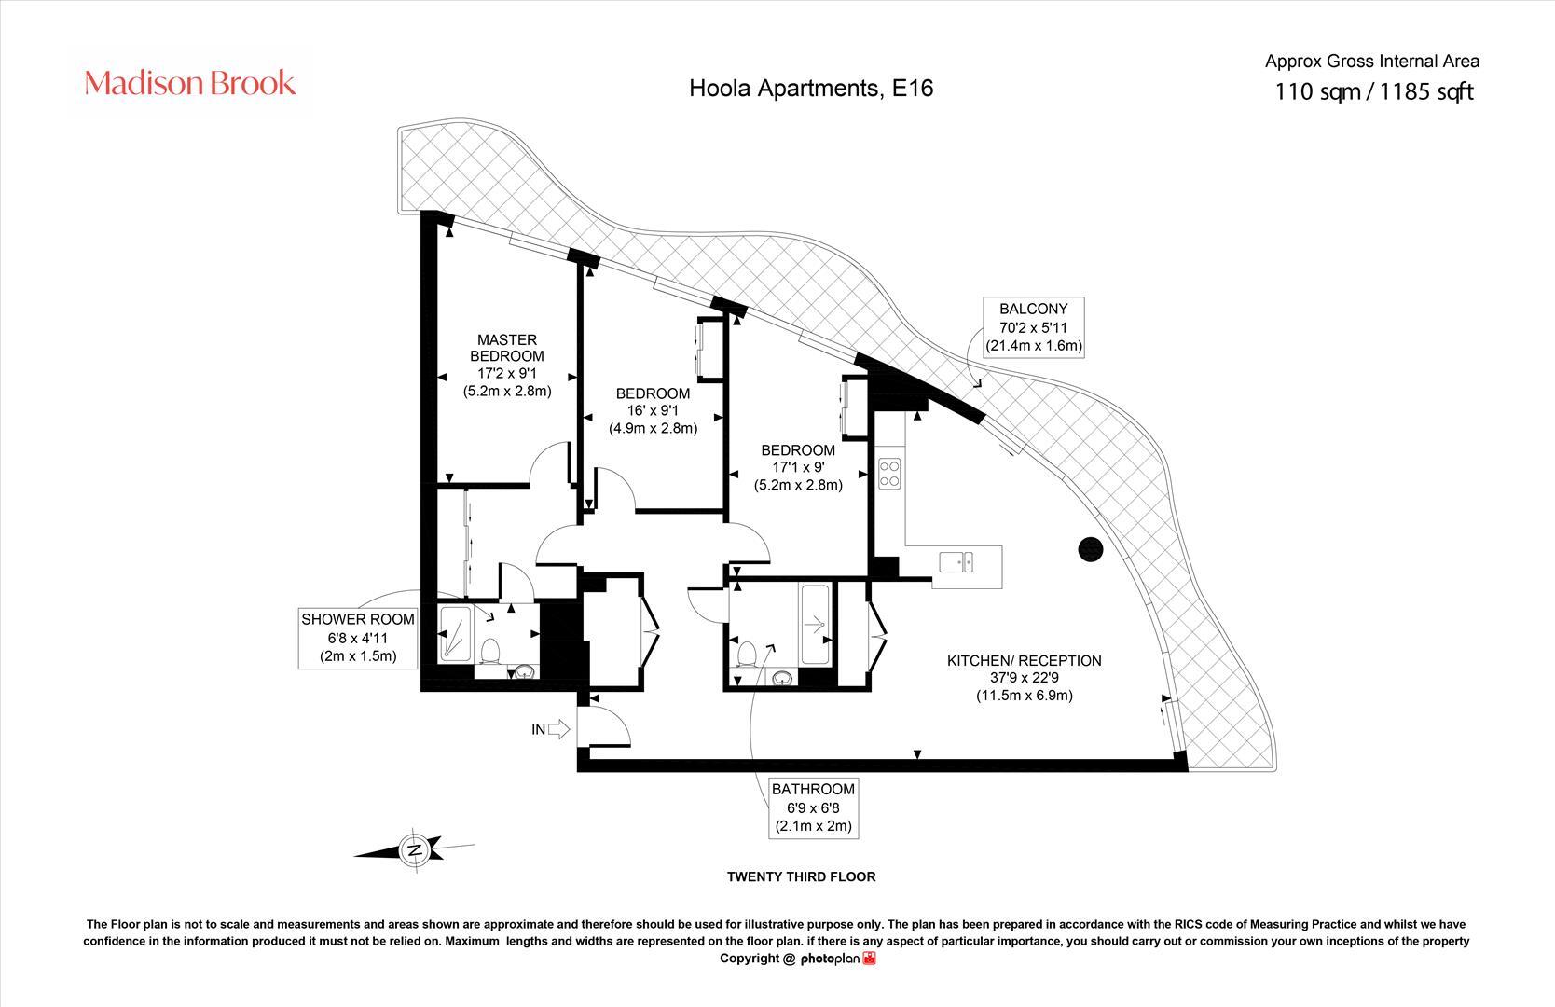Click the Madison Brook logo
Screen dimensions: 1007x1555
click(190, 84)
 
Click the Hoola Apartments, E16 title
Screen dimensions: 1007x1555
click(810, 88)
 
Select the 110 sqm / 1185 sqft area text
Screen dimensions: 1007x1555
click(1373, 92)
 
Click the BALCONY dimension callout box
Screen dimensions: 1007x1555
click(1033, 326)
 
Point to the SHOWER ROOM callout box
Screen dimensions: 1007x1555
click(357, 638)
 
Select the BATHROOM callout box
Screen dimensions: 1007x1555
click(812, 807)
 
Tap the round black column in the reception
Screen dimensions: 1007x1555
click(1090, 550)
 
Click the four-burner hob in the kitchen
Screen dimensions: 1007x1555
click(888, 474)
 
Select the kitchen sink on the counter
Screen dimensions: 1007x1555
click(956, 561)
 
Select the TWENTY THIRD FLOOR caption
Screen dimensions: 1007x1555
click(801, 876)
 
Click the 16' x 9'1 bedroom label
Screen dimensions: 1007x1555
click(653, 410)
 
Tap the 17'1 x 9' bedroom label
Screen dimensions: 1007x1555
click(797, 467)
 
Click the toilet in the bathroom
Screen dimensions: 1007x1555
click(746, 654)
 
